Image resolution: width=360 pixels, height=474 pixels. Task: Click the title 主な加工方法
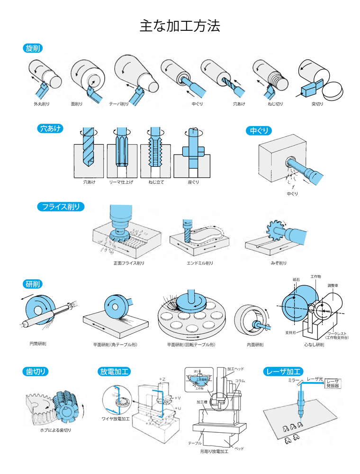click(180, 26)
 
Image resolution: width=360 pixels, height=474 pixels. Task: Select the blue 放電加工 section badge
click(115, 371)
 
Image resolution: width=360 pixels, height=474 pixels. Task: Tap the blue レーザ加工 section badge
click(283, 371)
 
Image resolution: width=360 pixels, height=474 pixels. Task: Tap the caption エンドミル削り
click(200, 263)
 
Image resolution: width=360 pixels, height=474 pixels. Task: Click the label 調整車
click(334, 286)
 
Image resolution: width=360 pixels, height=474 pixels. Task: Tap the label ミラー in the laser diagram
click(294, 380)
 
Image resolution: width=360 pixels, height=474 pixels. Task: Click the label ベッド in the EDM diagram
click(240, 448)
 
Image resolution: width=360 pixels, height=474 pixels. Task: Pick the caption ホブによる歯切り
click(55, 430)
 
